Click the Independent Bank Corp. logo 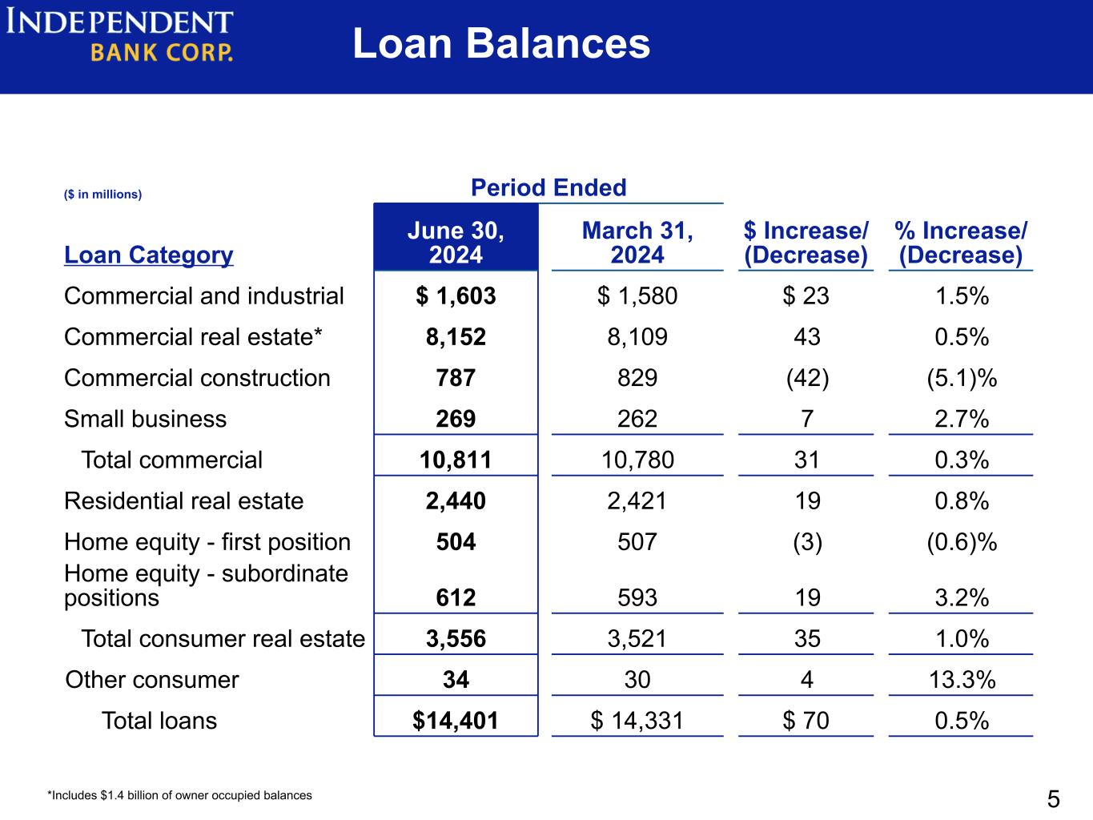coord(119,35)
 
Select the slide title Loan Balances coord(501,43)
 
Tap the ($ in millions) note coord(102,194)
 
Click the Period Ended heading coord(549,187)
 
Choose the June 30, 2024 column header coord(456,243)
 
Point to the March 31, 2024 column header coord(637,243)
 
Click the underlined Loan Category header coord(148,255)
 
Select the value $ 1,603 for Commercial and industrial coord(456,295)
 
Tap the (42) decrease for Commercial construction coord(807,378)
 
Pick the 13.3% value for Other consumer coord(962,680)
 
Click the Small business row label coord(145,419)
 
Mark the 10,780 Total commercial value coord(637,460)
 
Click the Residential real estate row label coord(183,500)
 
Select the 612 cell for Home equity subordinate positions coord(456,597)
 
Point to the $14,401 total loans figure coord(455,721)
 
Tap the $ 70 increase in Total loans coord(806,721)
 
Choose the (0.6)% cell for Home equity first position coord(962,542)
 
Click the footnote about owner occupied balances coord(179,795)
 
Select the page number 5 coord(1054,799)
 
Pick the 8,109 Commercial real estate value coord(637,337)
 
